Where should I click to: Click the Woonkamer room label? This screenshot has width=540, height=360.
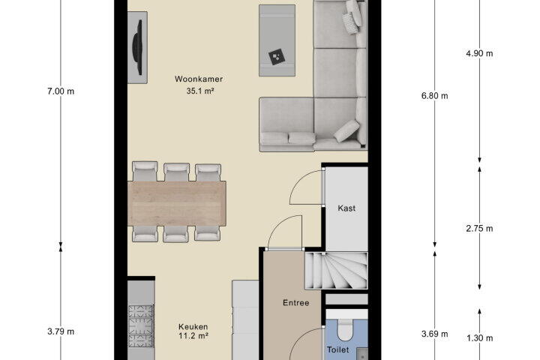pos(199,79)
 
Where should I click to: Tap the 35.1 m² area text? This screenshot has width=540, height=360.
pos(200,91)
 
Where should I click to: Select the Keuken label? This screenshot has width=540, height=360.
pos(193,326)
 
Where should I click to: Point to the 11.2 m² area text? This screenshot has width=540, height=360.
pos(193,335)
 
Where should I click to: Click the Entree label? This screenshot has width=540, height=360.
pos(295,303)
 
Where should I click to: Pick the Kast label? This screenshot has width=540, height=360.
pos(346,208)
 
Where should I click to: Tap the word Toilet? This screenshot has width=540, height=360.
pos(337,349)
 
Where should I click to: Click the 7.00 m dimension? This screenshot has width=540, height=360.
pos(61,91)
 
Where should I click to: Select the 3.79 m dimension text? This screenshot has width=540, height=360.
pos(61,331)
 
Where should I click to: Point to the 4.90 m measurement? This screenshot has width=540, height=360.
pos(479,53)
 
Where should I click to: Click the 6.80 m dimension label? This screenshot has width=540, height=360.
pos(434,96)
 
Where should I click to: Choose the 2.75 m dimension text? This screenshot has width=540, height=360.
pos(479,229)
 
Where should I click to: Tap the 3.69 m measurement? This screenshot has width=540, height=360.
pos(434,334)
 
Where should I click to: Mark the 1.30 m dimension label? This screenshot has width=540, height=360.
pos(479,338)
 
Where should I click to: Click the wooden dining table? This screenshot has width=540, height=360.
pos(177,203)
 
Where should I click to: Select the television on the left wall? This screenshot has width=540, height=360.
pos(137,47)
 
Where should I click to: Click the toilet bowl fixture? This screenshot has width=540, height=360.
pos(345,330)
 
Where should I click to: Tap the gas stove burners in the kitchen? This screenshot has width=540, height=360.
pos(141,326)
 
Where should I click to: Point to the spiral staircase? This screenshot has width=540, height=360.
pos(336,271)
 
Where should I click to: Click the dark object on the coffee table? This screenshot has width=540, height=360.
pos(276,57)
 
